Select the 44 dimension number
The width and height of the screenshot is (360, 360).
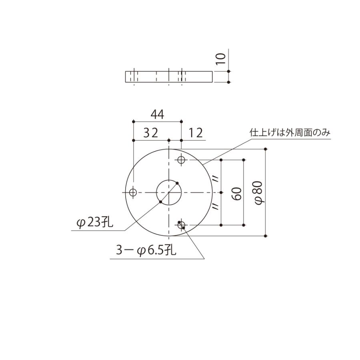(x=157, y=115)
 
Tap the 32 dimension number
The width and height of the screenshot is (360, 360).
(x=150, y=133)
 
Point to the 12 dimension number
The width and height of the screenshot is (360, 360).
(x=195, y=133)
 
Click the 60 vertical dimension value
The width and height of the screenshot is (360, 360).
(x=236, y=193)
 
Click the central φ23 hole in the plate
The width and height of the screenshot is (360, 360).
(x=169, y=192)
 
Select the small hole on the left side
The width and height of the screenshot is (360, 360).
(x=133, y=192)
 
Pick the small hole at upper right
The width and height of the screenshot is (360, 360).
(x=182, y=160)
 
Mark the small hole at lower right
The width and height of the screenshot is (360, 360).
(x=182, y=225)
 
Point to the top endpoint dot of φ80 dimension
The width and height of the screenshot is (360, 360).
(x=266, y=149)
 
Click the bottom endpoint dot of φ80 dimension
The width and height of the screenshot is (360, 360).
(x=266, y=236)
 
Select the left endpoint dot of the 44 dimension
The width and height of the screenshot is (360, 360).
(x=133, y=121)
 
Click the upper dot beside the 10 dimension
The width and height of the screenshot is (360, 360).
(x=228, y=71)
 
